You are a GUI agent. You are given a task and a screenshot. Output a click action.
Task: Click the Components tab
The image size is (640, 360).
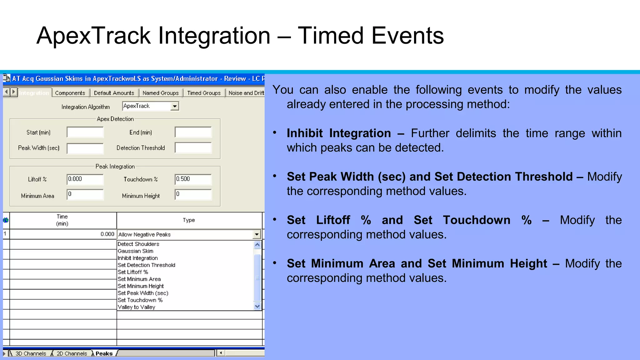tap(70, 93)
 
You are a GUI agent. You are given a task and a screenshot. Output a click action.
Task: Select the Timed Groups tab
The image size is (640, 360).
tap(204, 93)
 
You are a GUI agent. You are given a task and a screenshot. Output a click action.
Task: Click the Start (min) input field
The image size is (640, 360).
tap(85, 132)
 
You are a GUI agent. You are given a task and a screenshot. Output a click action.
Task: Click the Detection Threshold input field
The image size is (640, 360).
tap(193, 148)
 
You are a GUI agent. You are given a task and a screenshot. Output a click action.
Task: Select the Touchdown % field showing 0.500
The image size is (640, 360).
tap(193, 179)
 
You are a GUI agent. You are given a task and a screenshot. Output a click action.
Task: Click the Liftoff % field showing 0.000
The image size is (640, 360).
tap(85, 179)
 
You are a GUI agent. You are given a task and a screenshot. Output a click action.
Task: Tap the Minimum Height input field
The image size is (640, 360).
tap(193, 194)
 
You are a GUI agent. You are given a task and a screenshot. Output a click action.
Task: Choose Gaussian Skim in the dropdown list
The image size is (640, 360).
tap(136, 251)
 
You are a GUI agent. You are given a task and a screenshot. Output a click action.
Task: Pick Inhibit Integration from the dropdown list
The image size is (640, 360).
tap(138, 258)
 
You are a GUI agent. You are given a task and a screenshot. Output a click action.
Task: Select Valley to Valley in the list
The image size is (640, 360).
tap(137, 307)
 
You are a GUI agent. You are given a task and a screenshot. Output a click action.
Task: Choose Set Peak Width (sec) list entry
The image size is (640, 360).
tap(143, 293)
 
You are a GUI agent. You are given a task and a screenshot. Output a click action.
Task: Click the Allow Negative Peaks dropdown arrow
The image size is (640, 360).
tap(257, 234)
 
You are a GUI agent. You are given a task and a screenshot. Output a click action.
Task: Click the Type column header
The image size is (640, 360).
tap(189, 220)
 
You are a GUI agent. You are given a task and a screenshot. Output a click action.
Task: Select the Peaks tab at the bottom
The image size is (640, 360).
tap(104, 353)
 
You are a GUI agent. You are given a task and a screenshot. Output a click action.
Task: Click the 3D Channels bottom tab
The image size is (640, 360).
tap(31, 353)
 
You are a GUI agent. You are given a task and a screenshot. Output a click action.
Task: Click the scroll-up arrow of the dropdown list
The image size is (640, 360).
tap(257, 245)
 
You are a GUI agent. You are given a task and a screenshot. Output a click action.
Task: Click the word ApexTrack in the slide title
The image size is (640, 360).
tap(94, 36)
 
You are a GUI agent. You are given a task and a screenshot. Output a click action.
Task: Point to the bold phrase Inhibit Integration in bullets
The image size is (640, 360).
tap(339, 133)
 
